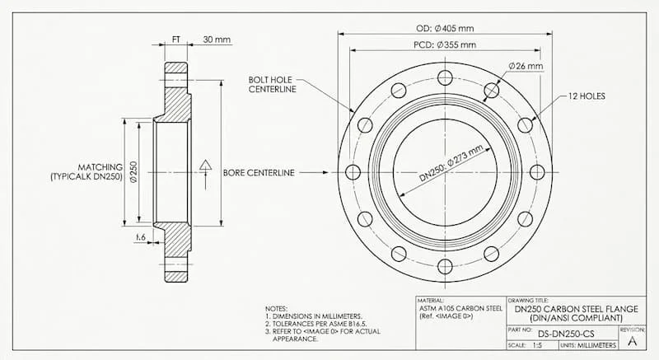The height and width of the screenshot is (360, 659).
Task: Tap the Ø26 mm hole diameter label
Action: [526, 65]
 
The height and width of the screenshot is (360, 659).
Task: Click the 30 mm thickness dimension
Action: [217, 40]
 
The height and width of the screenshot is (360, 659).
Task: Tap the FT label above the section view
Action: [177, 40]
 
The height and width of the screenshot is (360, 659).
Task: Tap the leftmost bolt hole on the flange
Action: [353, 172]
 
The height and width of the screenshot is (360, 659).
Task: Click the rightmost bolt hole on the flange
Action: [537, 172]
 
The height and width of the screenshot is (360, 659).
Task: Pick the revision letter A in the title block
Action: [632, 339]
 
